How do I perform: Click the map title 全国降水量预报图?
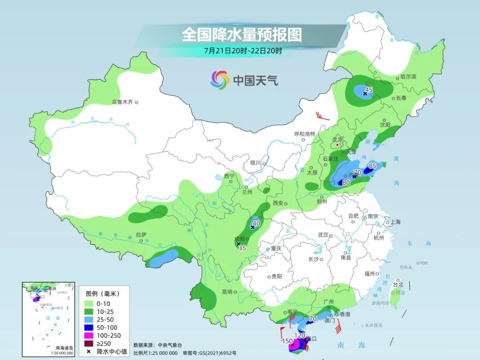(x=242, y=35)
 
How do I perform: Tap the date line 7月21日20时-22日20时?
(x=243, y=51)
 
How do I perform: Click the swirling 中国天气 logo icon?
(x=220, y=80)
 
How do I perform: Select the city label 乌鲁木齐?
(x=122, y=102)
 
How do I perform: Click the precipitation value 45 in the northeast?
(x=368, y=90)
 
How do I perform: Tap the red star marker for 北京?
(x=337, y=145)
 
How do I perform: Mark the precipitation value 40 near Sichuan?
(x=256, y=224)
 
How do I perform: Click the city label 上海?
(x=395, y=222)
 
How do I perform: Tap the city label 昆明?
(x=227, y=292)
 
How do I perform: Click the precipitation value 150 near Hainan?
(x=287, y=341)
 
